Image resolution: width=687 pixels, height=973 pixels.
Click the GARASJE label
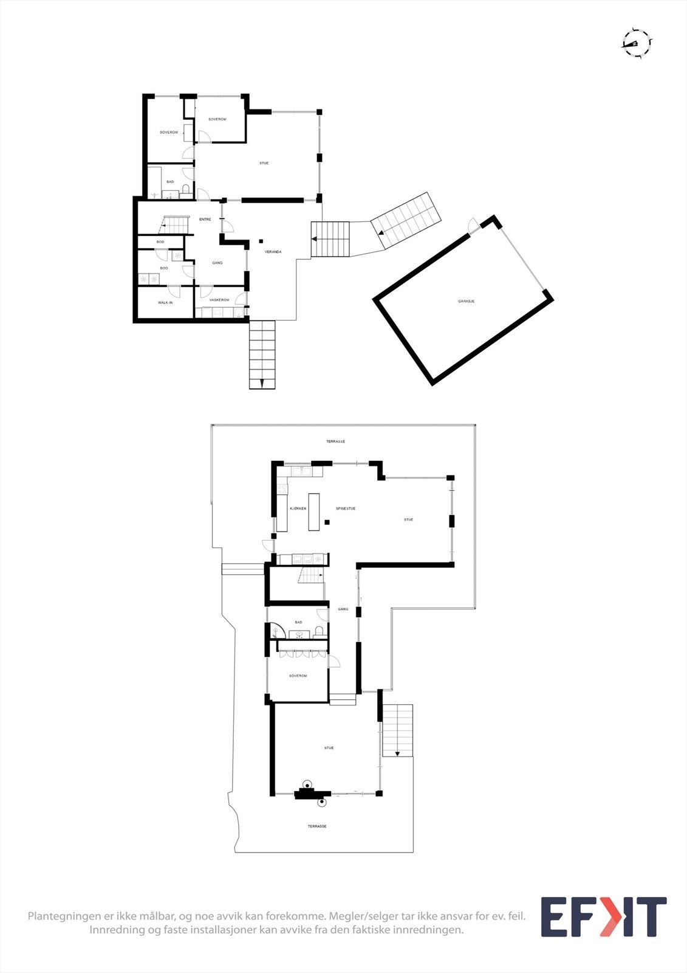pos(466,301)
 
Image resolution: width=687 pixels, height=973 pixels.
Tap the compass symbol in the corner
pos(637,43)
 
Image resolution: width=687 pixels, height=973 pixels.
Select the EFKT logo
pos(603,917)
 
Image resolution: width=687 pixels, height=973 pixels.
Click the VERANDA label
pos(273,252)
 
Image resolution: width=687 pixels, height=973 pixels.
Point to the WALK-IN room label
pos(165,302)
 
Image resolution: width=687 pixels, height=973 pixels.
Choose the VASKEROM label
pos(219,300)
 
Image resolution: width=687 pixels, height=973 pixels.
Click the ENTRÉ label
pos(205,219)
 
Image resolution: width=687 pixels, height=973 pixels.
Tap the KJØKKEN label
pos(298,508)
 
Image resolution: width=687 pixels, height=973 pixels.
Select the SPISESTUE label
pos(346,508)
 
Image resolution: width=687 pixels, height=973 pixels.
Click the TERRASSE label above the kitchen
pos(335,441)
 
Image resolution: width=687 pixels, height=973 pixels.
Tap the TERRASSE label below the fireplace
pos(317,826)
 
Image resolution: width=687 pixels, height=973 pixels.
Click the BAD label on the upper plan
pos(170,182)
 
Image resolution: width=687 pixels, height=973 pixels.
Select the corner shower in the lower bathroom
pos(278,630)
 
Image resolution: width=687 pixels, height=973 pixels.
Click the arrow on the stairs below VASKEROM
pos(262,383)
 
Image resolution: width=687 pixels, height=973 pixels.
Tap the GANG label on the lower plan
pos(343,609)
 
